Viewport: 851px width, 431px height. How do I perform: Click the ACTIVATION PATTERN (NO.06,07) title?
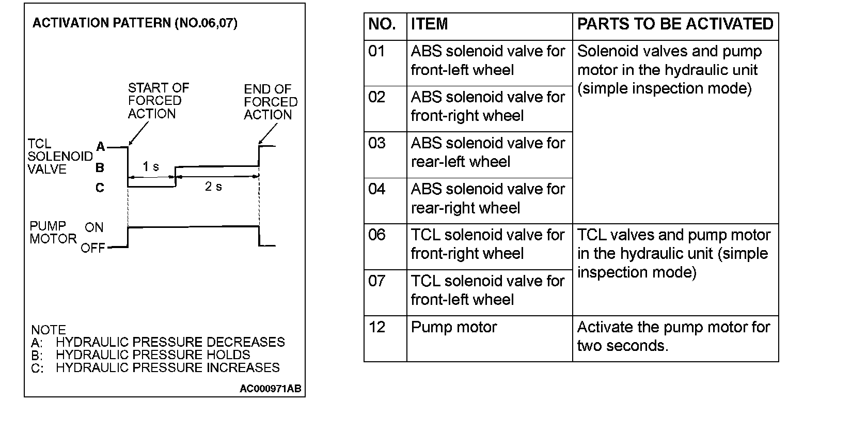tap(135, 23)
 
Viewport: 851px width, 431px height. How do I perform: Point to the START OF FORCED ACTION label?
tap(158, 101)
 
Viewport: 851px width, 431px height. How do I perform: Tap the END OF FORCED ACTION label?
tap(271, 102)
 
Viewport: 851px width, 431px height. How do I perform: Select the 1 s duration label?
tap(151, 166)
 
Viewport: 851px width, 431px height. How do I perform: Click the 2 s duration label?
tap(213, 187)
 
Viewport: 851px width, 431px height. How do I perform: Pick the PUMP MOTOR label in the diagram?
tap(53, 233)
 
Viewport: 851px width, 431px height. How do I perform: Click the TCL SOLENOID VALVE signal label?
tap(59, 157)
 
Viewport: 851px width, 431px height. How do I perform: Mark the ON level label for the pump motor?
tap(94, 227)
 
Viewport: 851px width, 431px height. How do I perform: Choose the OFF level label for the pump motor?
tap(93, 248)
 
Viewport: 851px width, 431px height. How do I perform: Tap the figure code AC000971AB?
tap(270, 389)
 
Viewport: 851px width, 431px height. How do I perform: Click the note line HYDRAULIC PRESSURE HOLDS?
tap(153, 355)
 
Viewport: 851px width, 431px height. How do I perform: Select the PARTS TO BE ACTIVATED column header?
tap(675, 24)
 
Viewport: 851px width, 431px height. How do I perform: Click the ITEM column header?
tap(429, 24)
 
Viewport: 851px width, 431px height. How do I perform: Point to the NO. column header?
tap(382, 24)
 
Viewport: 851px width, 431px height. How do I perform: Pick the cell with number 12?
tap(377, 327)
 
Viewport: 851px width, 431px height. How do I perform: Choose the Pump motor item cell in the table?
tap(454, 327)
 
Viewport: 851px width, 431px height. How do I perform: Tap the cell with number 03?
tap(377, 143)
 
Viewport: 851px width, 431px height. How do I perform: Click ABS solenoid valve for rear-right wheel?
tap(487, 198)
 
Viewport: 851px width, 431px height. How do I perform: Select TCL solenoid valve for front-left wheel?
tap(487, 290)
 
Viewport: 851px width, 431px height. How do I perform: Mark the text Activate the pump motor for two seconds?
tap(673, 336)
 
